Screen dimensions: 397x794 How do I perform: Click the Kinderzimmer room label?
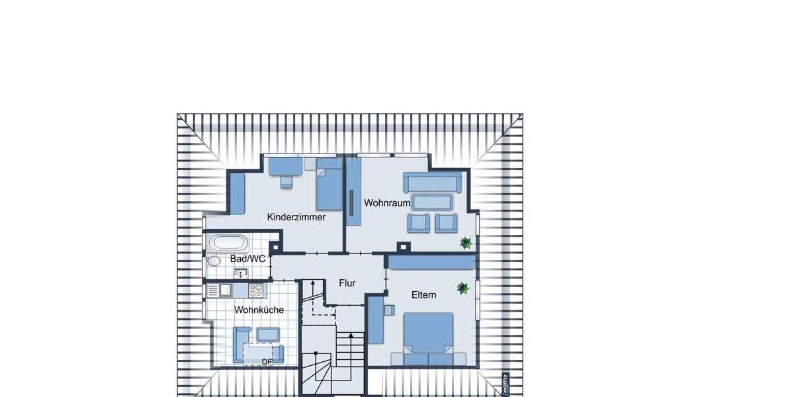(x=296, y=217)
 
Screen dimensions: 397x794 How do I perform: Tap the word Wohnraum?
(x=387, y=203)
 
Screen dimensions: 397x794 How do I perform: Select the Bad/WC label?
(x=247, y=259)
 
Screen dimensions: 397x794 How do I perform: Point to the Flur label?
(x=347, y=283)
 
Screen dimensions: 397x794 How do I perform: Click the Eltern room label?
(x=423, y=295)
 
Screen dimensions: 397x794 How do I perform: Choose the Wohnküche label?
(x=259, y=310)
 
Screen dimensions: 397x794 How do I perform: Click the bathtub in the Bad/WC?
(x=228, y=242)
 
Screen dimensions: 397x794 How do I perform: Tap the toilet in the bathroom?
(x=213, y=261)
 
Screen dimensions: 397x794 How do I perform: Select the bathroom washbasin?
(x=240, y=272)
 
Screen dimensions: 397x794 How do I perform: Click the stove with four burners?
(x=255, y=290)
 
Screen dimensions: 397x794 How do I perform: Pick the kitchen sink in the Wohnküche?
(x=225, y=290)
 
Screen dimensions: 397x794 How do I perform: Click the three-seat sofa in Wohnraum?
(x=433, y=182)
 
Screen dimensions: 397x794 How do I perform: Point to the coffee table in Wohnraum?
(x=433, y=201)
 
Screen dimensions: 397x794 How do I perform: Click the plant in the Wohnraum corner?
(x=466, y=243)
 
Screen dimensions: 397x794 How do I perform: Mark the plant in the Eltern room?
(x=463, y=288)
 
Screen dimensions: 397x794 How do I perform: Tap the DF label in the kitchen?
(x=267, y=362)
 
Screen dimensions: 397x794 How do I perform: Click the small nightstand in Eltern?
(x=390, y=308)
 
